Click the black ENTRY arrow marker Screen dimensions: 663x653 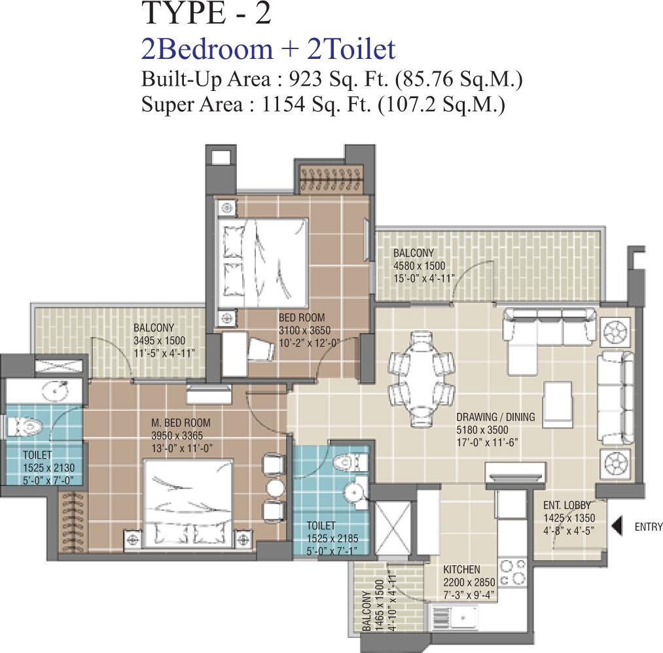point(617,526)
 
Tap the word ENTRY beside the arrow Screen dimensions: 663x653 point(649,527)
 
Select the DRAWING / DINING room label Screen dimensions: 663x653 point(495,417)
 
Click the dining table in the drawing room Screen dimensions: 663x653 point(421,373)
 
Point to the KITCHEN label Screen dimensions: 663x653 point(461,569)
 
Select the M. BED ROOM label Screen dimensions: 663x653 point(181,423)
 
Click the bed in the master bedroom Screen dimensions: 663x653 point(188,503)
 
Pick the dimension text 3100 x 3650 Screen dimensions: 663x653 point(304,330)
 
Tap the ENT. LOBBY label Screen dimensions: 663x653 point(567,505)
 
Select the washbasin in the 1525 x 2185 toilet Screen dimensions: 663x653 point(354,491)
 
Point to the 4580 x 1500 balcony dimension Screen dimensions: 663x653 point(420,266)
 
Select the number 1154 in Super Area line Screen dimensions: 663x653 point(283,104)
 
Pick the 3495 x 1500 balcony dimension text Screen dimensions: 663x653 point(160,341)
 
